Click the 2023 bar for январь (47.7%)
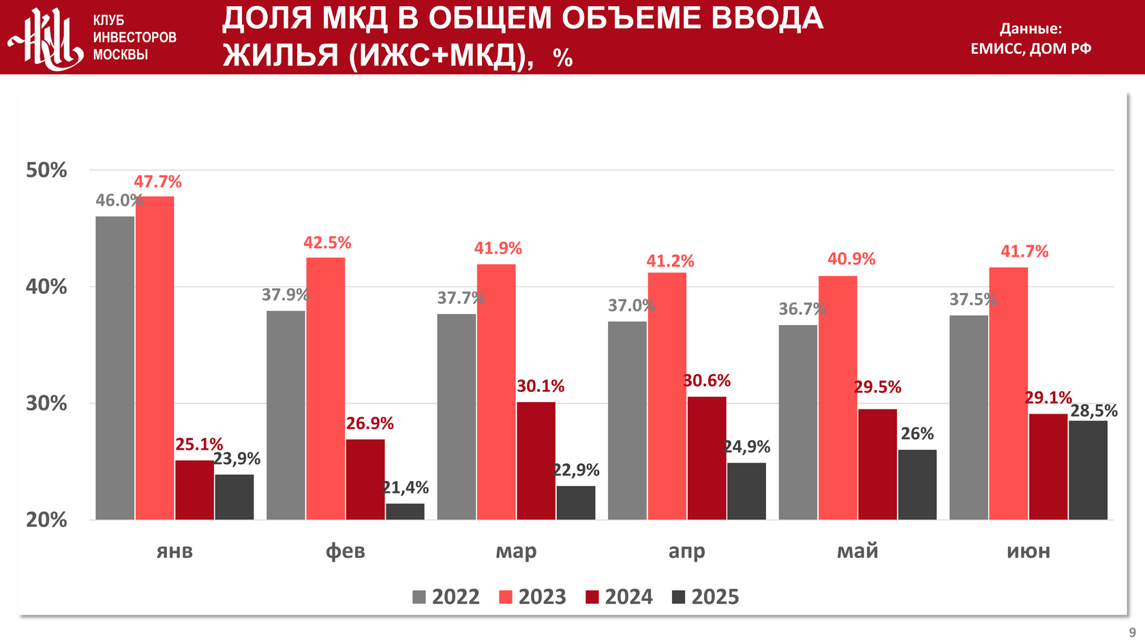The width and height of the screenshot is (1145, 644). coord(155,358)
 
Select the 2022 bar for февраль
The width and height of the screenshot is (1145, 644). coord(286,415)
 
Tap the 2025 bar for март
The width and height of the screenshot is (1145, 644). coord(576,503)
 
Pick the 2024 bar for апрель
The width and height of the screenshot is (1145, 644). coord(707,458)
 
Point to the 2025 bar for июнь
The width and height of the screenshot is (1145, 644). coord(1088,470)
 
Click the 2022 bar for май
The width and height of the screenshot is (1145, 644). coord(797,422)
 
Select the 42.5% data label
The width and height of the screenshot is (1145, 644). coord(327,243)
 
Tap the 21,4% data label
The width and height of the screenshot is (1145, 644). coord(406,487)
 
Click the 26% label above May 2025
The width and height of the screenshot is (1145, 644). coord(917,434)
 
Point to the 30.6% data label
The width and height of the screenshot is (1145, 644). coord(707,380)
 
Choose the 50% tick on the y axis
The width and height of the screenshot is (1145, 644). coord(46,170)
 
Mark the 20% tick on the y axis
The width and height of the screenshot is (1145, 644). coord(46,520)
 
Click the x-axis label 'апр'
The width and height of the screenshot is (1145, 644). coord(686,551)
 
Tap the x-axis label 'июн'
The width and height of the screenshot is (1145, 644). coord(1028,551)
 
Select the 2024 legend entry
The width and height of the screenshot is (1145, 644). coord(619,597)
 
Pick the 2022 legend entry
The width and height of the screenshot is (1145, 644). coord(446,597)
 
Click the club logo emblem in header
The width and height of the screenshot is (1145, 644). coord(45,38)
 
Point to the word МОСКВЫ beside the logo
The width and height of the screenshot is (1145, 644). coord(121,55)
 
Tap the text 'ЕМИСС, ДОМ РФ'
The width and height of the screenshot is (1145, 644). coord(1030,48)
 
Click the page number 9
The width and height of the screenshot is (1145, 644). coord(1133,632)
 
